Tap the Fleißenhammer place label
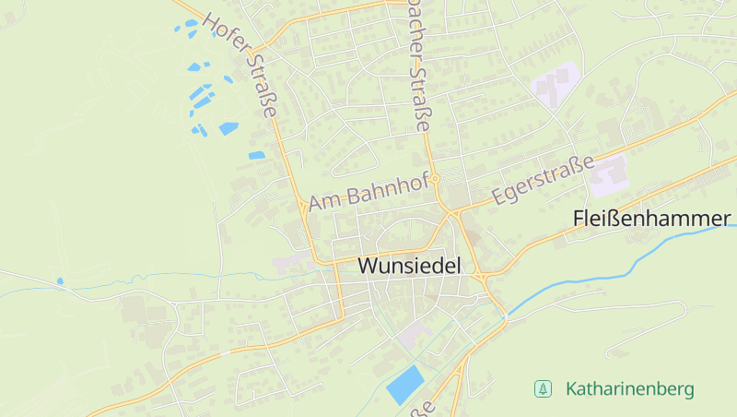651,219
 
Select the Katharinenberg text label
630,389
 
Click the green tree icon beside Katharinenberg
543,389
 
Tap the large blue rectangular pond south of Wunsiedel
404,384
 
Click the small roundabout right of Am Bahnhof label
437,178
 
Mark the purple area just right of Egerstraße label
608,175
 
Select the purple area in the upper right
556,85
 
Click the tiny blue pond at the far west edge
60,280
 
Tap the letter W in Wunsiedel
367,266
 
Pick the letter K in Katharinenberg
571,389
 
